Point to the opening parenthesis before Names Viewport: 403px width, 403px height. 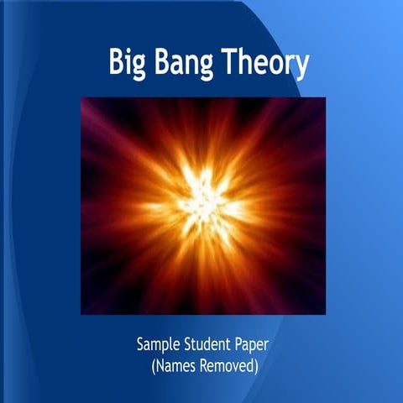(x=154, y=367)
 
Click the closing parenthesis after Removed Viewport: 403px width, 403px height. (x=255, y=367)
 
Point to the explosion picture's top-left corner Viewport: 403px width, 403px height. (x=81, y=97)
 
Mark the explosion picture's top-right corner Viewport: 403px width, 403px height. (x=325, y=97)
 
